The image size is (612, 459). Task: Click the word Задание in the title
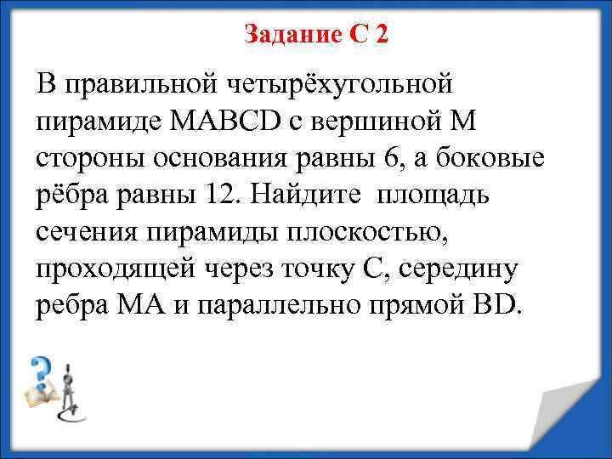[x=292, y=33]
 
